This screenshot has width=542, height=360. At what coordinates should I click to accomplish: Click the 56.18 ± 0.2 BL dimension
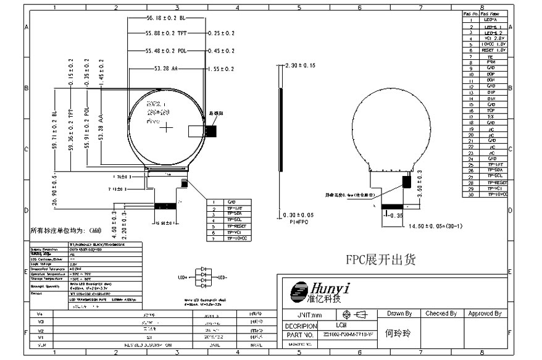click(x=165, y=19)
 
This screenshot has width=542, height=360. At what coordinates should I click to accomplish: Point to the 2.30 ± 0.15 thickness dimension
click(x=300, y=65)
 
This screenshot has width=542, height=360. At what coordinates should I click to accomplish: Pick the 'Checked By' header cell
click(x=441, y=314)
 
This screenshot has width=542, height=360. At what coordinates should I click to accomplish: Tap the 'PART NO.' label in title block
click(x=300, y=335)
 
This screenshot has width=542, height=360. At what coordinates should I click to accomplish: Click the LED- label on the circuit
click(x=222, y=277)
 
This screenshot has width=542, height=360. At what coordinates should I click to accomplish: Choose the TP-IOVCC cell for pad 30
click(x=496, y=195)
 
